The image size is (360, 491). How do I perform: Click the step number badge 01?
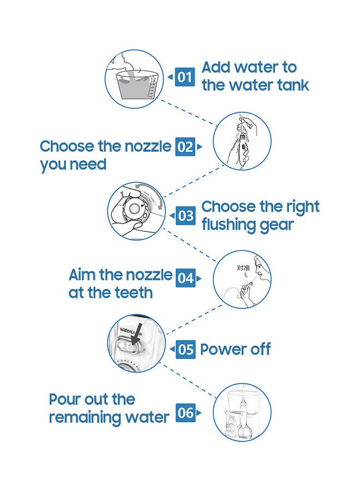(x=184, y=77)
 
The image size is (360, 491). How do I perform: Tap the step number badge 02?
(x=185, y=147)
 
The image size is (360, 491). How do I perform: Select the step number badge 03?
(x=185, y=215)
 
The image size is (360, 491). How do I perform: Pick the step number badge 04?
(x=185, y=278)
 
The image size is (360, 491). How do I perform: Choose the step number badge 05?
(x=185, y=349)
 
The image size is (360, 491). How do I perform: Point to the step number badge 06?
(x=185, y=413)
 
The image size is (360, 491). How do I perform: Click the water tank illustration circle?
(x=134, y=79)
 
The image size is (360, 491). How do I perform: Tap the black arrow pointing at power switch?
(x=136, y=334)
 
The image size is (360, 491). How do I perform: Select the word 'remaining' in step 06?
(x=83, y=418)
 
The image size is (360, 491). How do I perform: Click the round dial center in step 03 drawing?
(x=135, y=208)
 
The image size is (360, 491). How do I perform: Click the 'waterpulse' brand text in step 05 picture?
(x=130, y=331)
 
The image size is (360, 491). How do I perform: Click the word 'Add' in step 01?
(x=216, y=67)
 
